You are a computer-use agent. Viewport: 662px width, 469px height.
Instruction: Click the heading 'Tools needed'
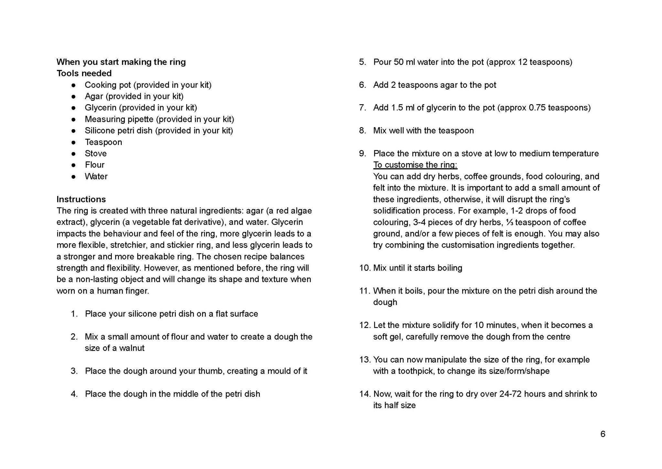click(x=84, y=73)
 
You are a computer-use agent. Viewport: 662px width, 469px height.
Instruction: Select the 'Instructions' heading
click(x=81, y=199)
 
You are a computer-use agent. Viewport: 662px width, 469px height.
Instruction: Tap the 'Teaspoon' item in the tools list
click(x=103, y=142)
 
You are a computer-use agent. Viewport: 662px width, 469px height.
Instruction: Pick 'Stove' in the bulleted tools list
click(x=96, y=154)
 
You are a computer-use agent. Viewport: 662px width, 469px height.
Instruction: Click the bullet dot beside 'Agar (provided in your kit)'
click(x=74, y=96)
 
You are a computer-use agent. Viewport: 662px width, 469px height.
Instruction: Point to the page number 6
click(x=603, y=434)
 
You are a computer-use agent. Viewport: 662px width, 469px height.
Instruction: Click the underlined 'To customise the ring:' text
click(x=415, y=165)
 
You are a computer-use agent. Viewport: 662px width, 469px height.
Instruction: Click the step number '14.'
click(x=365, y=394)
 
